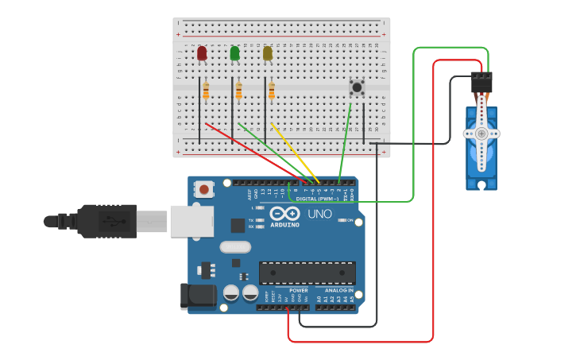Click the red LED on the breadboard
202,53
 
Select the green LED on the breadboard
234,53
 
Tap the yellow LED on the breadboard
268,53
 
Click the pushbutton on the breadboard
357,87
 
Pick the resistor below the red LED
206,92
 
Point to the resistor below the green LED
238,92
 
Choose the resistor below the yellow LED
272,92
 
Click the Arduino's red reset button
205,189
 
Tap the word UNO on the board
319,214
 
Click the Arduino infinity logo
284,214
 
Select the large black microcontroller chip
307,273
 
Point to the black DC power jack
198,297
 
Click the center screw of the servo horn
481,134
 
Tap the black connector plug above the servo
481,82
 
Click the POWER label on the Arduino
298,291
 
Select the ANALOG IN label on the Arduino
339,291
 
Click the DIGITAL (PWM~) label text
318,199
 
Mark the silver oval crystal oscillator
235,247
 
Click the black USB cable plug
111,220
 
